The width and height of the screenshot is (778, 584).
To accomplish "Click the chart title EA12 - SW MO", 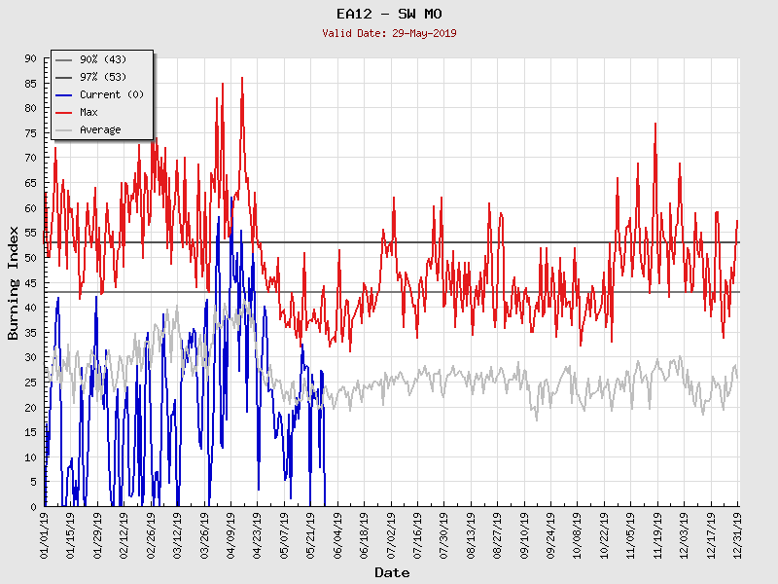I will (x=388, y=14).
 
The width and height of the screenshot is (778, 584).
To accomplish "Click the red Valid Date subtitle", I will (x=388, y=33).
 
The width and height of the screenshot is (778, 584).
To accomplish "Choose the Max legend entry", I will (x=88, y=113).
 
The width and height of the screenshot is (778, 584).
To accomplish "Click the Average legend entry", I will (x=100, y=130).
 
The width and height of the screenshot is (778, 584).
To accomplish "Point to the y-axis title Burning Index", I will (x=14, y=282).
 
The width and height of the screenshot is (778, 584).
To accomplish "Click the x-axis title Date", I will (x=391, y=572).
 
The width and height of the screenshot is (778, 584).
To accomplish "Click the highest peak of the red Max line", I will (x=242, y=78).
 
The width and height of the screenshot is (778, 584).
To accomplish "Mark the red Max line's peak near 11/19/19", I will (x=655, y=124).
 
